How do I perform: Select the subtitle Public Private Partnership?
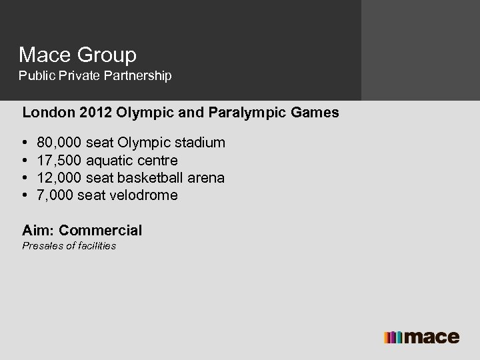click(95, 76)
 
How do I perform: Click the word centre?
click(159, 161)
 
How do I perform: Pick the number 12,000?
click(60, 178)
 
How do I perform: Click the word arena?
click(205, 178)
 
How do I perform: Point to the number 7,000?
click(56, 195)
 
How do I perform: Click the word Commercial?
click(100, 231)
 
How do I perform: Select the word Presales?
click(42, 246)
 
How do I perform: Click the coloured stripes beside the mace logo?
click(393, 337)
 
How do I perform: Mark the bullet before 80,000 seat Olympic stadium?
click(25, 143)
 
